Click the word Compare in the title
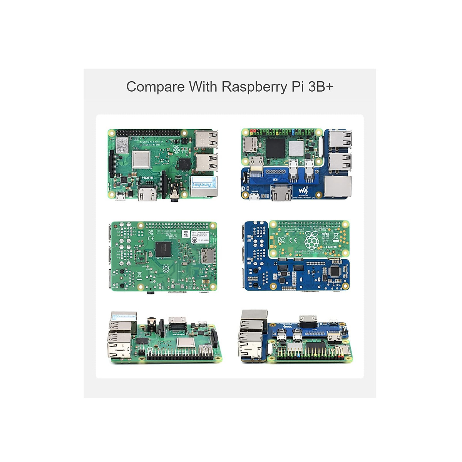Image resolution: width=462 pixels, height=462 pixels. pos(156,87)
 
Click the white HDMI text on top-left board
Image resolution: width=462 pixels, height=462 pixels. pos(147,177)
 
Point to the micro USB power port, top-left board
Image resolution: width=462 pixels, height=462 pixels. pos(120,197)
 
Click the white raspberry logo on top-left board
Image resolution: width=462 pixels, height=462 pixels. pos(176,149)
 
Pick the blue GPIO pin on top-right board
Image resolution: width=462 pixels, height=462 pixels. pos(294,132)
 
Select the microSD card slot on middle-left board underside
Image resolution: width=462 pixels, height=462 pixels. pos(208,255)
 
